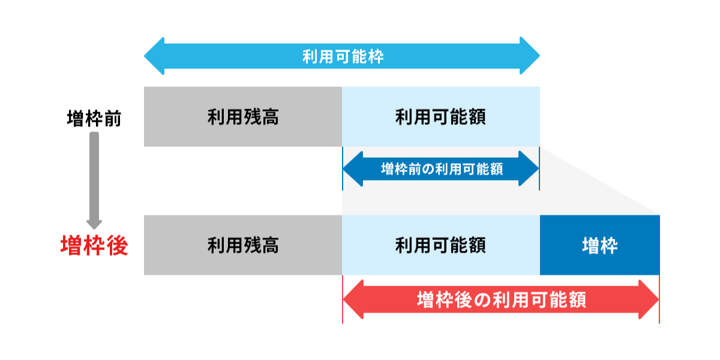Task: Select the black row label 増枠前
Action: pyautogui.click(x=94, y=118)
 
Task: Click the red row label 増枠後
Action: pyautogui.click(x=94, y=245)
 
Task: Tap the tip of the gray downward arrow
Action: pyautogui.click(x=94, y=227)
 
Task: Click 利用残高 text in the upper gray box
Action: pyautogui.click(x=243, y=116)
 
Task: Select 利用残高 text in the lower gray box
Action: pyautogui.click(x=243, y=245)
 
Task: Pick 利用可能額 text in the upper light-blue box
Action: pyautogui.click(x=440, y=116)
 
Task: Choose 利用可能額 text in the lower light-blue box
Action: pyautogui.click(x=440, y=245)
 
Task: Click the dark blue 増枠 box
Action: pyautogui.click(x=599, y=245)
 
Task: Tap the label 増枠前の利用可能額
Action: pyautogui.click(x=442, y=169)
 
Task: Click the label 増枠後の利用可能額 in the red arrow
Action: pyautogui.click(x=501, y=299)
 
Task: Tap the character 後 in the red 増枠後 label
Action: pyautogui.click(x=117, y=245)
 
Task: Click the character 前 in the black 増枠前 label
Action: pyautogui.click(x=112, y=118)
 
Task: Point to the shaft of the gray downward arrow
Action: pyautogui.click(x=94, y=174)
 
